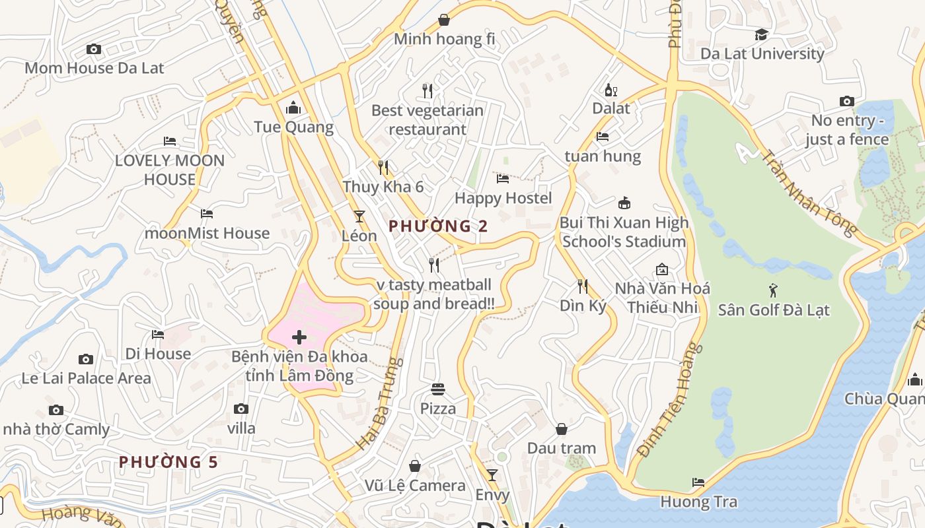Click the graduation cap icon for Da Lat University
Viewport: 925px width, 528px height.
[762, 34]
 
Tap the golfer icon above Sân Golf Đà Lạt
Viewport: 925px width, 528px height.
[773, 290]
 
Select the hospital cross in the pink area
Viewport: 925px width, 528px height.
[299, 337]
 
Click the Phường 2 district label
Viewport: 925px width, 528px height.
[438, 226]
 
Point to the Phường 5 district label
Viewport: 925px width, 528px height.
[168, 462]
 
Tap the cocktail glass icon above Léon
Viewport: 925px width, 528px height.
[359, 216]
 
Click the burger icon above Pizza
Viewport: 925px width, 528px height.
[437, 389]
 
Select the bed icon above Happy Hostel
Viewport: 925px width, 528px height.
[502, 178]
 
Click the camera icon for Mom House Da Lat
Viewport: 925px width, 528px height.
[94, 49]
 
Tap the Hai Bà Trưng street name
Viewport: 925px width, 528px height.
[379, 404]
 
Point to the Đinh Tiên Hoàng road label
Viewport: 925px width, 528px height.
[669, 400]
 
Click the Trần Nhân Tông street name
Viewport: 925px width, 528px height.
[809, 193]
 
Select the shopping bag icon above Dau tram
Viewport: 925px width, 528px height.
[561, 429]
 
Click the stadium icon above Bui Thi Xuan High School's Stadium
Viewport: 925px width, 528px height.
[624, 203]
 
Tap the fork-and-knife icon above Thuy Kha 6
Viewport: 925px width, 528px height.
[383, 167]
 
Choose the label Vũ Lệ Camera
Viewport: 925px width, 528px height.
[415, 486]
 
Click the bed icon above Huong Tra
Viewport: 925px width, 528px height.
[698, 482]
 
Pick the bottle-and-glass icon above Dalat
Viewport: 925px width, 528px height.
[610, 90]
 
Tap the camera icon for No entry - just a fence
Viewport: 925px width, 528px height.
[846, 101]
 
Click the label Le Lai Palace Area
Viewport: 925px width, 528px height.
[86, 378]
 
